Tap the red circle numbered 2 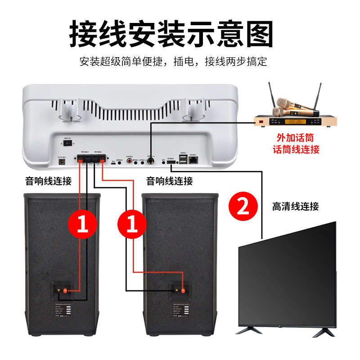pos(243,207)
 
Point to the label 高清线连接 pos(295,207)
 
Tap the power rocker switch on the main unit pos(68,143)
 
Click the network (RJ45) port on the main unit pos(193,159)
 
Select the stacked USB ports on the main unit pos(182,159)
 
